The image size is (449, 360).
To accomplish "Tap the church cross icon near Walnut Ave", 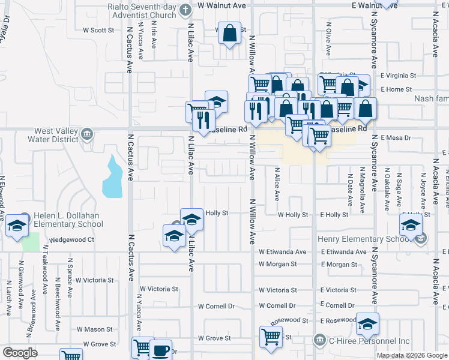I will pos(186,10).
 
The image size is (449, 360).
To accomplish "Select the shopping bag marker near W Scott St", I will pos(231,34).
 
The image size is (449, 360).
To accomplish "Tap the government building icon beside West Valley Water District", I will pos(88,133).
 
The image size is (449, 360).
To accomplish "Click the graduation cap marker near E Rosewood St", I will pos(367,325).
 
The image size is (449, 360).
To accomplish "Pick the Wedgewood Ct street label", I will pos(71,239).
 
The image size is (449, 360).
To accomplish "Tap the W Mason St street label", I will pos(94,329).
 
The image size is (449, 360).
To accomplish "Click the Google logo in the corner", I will pos(20,353).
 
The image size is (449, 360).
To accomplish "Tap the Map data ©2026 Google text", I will pos(412,355).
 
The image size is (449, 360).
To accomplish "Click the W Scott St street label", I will pos(98,29).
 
